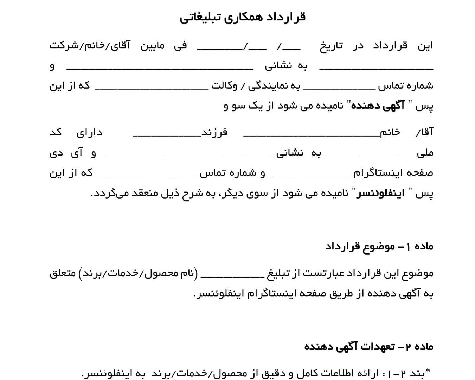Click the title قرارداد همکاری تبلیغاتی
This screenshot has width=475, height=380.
click(243, 17)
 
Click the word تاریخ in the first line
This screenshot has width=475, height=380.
click(331, 46)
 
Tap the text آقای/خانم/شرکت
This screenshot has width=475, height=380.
click(90, 46)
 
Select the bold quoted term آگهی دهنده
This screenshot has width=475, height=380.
click(378, 106)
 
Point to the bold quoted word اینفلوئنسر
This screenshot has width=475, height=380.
click(380, 193)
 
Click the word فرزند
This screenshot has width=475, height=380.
click(214, 132)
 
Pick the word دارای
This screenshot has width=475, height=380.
click(89, 132)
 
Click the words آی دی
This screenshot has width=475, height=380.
click(66, 153)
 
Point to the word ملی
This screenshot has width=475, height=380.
click(425, 153)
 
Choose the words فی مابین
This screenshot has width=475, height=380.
click(163, 46)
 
